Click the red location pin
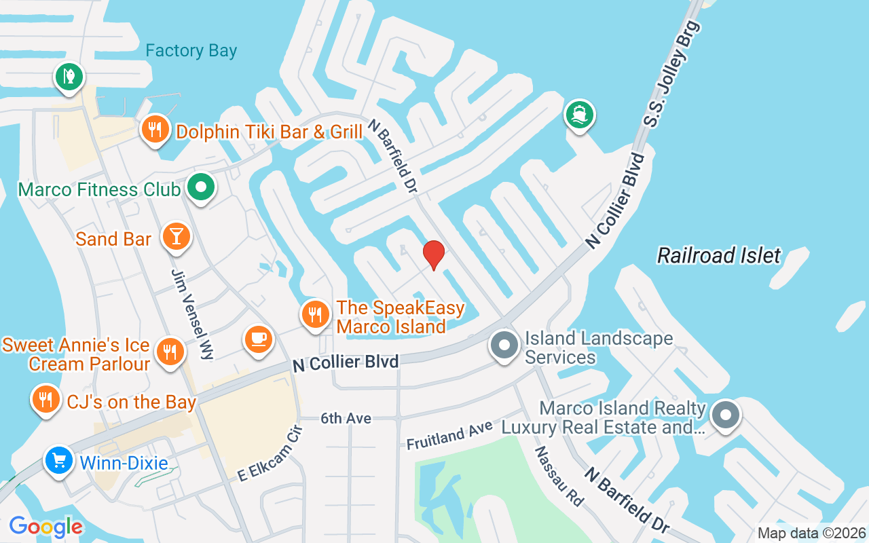(434, 255)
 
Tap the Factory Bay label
(191, 51)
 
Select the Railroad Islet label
(719, 256)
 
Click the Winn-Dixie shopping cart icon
(59, 461)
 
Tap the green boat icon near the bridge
(579, 114)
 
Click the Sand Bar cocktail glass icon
(177, 237)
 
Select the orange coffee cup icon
(258, 339)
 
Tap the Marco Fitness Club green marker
(200, 187)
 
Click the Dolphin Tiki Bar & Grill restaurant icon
(155, 129)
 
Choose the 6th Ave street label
(346, 419)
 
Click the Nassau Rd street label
(559, 476)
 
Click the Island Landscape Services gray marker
(504, 345)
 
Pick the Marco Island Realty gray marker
(725, 413)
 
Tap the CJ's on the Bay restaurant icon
(45, 399)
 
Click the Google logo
(45, 527)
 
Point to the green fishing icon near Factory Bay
(69, 75)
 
